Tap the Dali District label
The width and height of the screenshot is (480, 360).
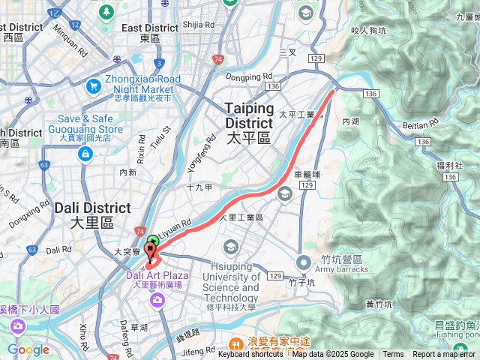coord(91,214)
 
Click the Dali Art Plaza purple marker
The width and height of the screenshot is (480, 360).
coord(157,300)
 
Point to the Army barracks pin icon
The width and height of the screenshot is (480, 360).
coord(304,262)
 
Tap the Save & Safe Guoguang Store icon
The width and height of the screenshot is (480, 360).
coord(85,154)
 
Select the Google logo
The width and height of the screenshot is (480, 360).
coord(28,349)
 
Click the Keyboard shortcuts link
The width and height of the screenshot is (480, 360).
coord(250,355)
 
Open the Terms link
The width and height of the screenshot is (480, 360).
coord(393,355)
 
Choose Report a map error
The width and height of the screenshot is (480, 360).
coord(445,355)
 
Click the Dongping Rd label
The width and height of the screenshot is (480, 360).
coord(249,76)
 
